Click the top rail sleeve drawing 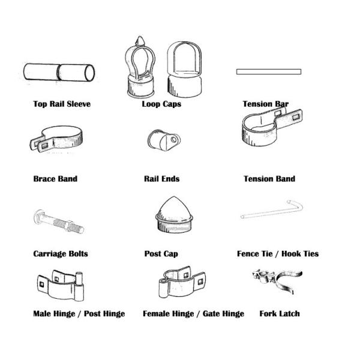click(59, 72)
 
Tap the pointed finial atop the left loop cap click(140, 41)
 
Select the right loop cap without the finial click(184, 70)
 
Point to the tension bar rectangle click(269, 71)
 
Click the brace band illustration click(56, 139)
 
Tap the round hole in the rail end click(174, 139)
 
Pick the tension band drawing click(272, 127)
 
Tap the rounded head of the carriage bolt click(37, 216)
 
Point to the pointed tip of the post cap click(174, 197)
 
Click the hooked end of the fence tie click(296, 205)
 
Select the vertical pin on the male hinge click(79, 286)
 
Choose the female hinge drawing click(182, 282)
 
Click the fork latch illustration click(278, 281)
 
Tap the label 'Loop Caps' click(161, 104)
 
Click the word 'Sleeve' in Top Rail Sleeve click(79, 104)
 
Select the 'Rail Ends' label click(161, 179)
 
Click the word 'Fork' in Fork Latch click(268, 313)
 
